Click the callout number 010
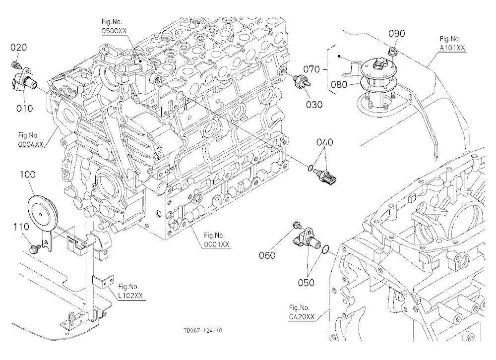click(x=25, y=109)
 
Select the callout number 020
click(x=19, y=48)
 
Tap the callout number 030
click(x=314, y=105)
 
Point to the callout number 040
click(x=325, y=143)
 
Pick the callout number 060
click(x=267, y=255)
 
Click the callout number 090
click(x=397, y=34)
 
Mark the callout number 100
click(x=28, y=175)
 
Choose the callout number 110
click(x=21, y=227)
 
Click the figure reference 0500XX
click(x=114, y=31)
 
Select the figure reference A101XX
click(x=453, y=48)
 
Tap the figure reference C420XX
click(x=302, y=317)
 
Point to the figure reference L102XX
click(x=131, y=296)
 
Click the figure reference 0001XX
click(x=217, y=244)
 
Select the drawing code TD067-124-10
click(x=203, y=331)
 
